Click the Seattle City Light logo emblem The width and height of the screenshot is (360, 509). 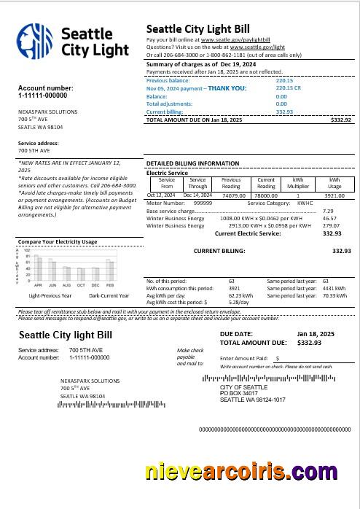tap(36, 43)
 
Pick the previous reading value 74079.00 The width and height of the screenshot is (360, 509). tap(233, 195)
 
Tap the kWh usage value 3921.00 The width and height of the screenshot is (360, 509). tap(334, 195)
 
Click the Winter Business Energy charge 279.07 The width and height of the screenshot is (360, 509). tap(331, 226)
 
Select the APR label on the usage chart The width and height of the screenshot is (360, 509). tap(38, 285)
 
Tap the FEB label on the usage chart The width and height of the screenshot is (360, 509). tap(110, 285)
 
